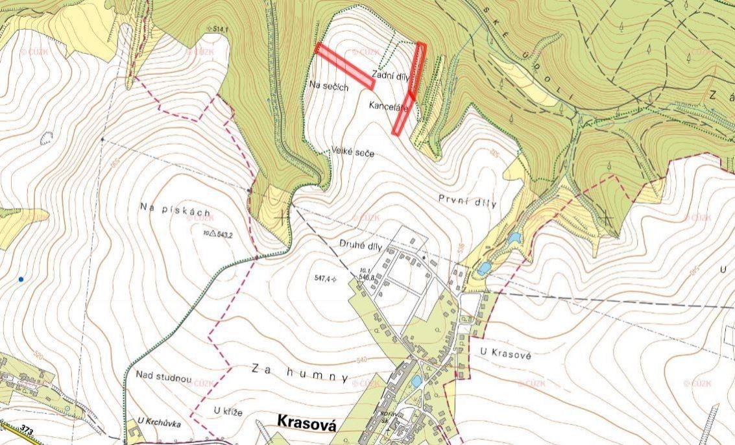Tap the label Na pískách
click(x=176, y=209)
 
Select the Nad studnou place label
click(x=163, y=377)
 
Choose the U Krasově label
click(x=507, y=351)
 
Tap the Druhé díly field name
click(x=361, y=245)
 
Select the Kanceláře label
click(x=389, y=106)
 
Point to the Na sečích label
click(x=330, y=86)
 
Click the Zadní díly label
click(x=391, y=75)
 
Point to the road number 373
click(x=27, y=430)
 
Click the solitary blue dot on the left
click(x=21, y=279)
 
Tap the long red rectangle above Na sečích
click(x=344, y=66)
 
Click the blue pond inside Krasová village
click(x=416, y=381)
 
